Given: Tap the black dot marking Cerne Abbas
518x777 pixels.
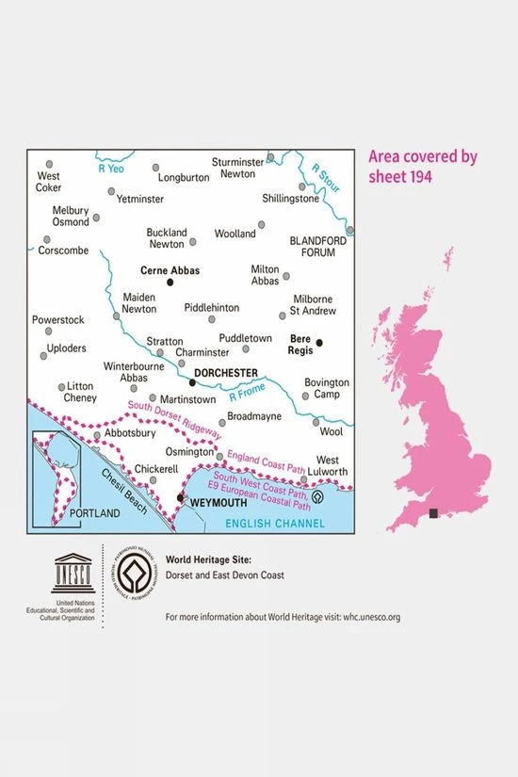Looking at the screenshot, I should click(170, 282).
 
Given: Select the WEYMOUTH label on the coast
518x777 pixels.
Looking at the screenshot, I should click(218, 504).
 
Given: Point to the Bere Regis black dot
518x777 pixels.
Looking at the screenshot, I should click(319, 343).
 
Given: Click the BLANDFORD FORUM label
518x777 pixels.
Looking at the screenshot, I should click(318, 247).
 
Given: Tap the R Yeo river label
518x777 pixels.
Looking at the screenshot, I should click(111, 169).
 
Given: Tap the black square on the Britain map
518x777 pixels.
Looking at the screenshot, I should click(432, 513).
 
